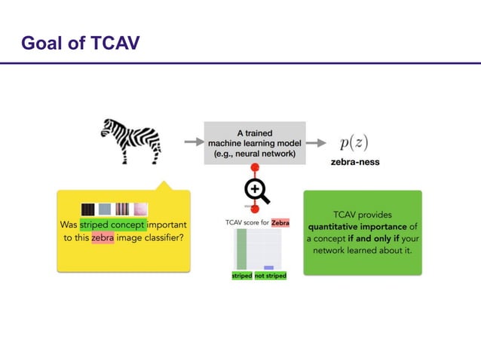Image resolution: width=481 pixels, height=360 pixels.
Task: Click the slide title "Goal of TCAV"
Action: (x=81, y=42)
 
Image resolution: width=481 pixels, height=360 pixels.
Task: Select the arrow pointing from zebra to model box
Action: (x=192, y=142)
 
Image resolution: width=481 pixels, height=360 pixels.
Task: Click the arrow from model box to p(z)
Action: (x=317, y=142)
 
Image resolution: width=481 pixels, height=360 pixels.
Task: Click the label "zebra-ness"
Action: (x=354, y=162)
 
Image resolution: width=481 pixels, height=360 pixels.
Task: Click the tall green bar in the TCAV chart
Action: (x=241, y=249)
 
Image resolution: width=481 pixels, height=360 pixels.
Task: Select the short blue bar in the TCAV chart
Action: (x=268, y=267)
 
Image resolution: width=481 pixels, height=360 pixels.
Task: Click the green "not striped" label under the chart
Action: (x=270, y=276)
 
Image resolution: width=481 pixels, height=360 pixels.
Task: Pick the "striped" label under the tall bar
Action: (x=241, y=276)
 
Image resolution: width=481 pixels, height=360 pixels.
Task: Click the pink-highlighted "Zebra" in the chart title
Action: (x=280, y=223)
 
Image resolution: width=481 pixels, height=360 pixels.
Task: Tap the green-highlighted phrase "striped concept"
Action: (x=112, y=225)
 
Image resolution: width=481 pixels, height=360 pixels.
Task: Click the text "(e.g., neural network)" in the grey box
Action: (x=254, y=154)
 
